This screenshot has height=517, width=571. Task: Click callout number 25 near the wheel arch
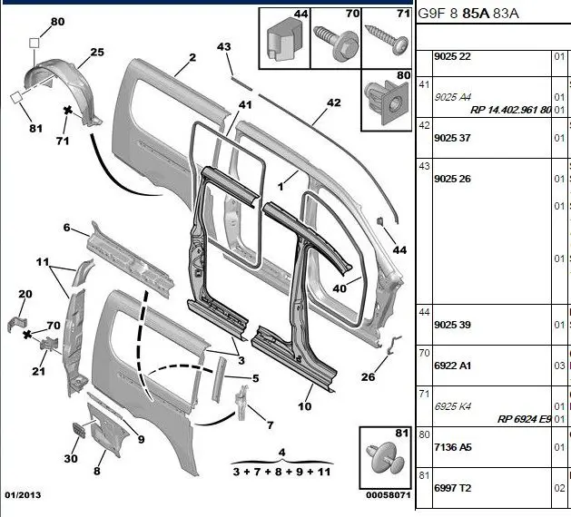96,54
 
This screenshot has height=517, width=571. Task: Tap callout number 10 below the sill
304,405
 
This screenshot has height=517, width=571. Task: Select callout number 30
70,458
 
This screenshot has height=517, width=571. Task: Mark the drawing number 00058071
388,495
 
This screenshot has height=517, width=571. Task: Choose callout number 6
66,226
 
